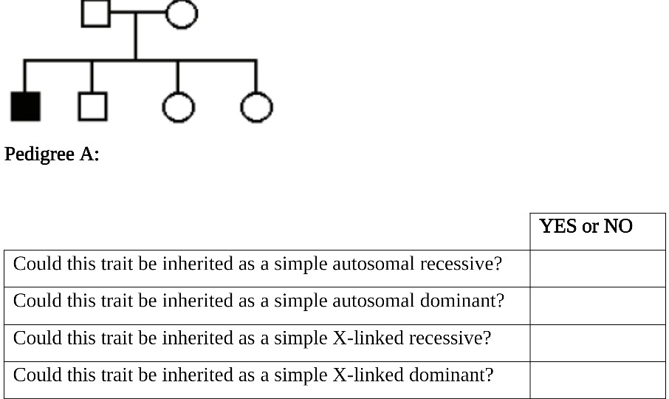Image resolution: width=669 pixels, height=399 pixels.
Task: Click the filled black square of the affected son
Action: (x=25, y=106)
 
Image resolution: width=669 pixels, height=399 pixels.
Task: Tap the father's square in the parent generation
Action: (x=95, y=13)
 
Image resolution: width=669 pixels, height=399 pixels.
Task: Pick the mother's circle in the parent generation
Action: (x=181, y=13)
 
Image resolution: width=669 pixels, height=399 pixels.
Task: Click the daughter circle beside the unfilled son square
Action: (x=177, y=107)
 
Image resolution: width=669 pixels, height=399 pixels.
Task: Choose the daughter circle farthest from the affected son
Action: (x=256, y=107)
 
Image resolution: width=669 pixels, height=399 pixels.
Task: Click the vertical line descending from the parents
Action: (x=135, y=37)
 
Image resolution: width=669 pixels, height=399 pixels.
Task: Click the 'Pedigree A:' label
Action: (x=52, y=154)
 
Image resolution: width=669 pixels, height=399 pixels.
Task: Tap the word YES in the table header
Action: (x=558, y=226)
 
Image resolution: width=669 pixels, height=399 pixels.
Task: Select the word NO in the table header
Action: (x=618, y=226)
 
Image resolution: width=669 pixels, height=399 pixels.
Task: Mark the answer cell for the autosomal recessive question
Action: (x=597, y=268)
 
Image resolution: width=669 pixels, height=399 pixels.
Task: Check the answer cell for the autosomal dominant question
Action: (x=597, y=305)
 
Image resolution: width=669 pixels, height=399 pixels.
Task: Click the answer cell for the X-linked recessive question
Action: (x=597, y=343)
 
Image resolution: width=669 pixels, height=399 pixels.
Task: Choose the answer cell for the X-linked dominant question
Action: (x=597, y=380)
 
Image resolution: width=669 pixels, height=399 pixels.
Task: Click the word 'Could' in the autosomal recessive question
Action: (x=35, y=264)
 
